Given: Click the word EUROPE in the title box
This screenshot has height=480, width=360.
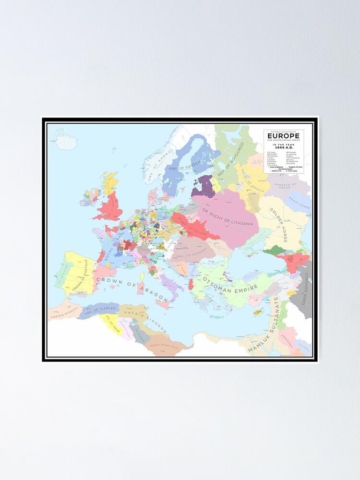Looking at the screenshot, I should pyautogui.click(x=283, y=135).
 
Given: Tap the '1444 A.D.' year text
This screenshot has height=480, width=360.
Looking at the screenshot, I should pyautogui.click(x=283, y=147).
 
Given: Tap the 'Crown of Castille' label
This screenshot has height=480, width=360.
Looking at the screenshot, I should pyautogui.click(x=80, y=276).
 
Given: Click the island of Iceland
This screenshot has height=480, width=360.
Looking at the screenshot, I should pyautogui.click(x=65, y=140).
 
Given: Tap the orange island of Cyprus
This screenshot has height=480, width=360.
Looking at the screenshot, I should pyautogui.click(x=258, y=312).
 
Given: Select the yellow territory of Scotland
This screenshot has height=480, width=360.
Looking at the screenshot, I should pyautogui.click(x=111, y=183).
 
